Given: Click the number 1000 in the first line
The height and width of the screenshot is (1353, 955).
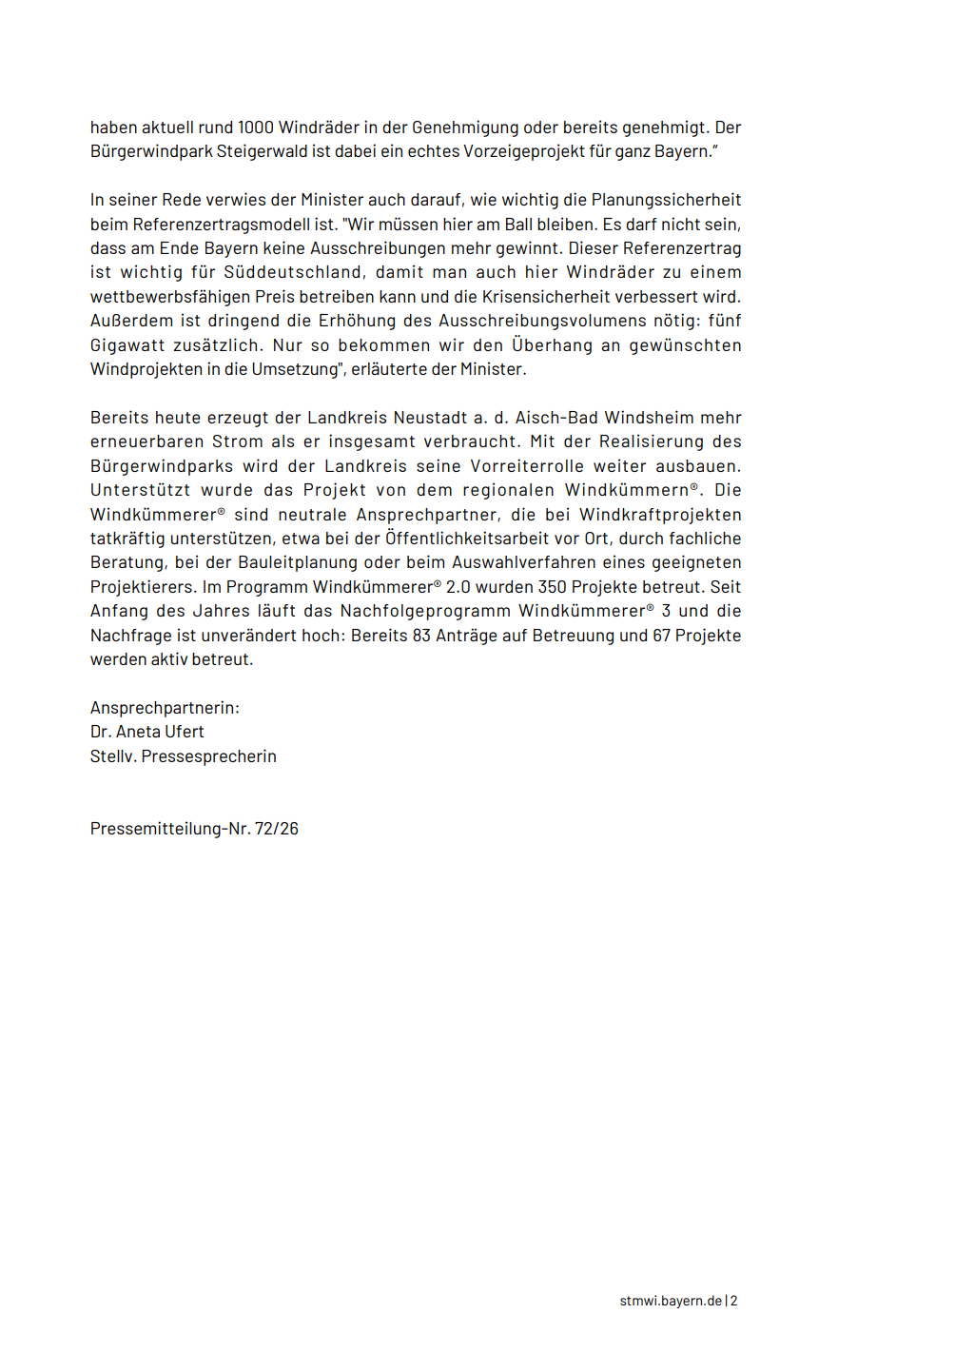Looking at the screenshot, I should click(256, 127).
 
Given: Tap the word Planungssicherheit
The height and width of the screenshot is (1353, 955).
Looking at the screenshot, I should click(666, 200).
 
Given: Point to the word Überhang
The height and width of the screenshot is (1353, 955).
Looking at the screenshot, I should click(552, 345).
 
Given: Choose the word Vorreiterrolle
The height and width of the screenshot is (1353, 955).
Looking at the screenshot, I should click(527, 466).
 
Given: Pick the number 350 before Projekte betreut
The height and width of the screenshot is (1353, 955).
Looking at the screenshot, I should click(552, 587).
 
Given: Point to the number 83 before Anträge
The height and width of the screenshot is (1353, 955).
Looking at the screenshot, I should click(421, 636).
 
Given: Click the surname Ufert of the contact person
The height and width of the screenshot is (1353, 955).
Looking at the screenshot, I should click(185, 732).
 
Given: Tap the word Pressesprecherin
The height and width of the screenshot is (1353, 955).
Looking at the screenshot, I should click(209, 756).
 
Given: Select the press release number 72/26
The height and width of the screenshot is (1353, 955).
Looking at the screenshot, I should click(277, 829).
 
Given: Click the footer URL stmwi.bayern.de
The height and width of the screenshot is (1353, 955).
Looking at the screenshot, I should click(671, 1301).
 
